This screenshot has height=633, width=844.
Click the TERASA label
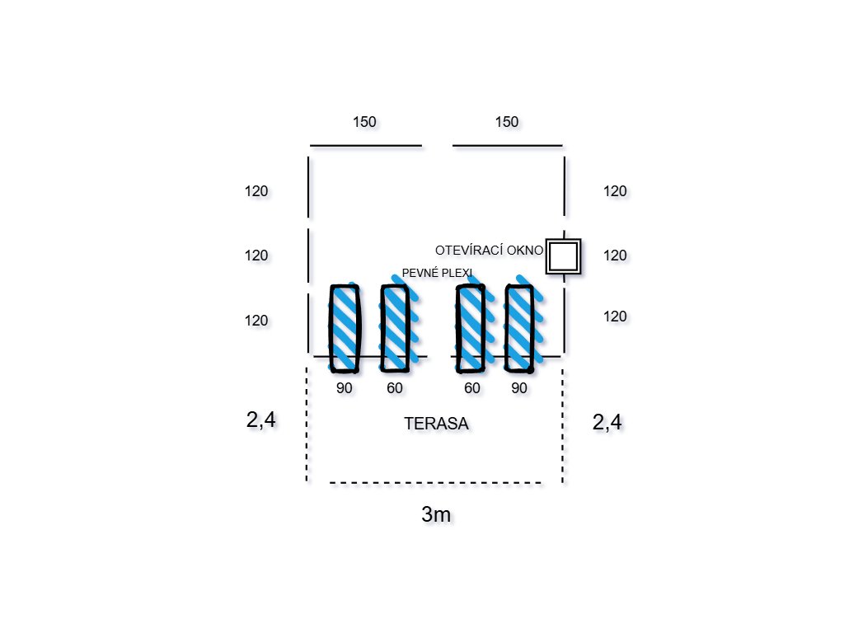[x=436, y=424]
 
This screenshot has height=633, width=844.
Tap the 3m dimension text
[x=436, y=515]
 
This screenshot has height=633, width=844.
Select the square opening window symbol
[x=564, y=256]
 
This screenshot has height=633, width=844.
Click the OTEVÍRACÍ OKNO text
[x=489, y=250]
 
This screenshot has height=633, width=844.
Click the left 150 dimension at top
[x=364, y=122]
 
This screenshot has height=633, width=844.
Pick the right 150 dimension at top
[x=507, y=122]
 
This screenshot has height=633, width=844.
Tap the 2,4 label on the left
[x=260, y=420]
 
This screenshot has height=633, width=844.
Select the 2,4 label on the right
[x=607, y=423]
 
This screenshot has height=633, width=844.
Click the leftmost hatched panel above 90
[x=345, y=327]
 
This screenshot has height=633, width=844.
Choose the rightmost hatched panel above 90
[x=519, y=327]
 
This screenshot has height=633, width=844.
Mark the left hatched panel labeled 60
[x=395, y=327]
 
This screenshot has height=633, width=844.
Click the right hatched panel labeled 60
[x=470, y=327]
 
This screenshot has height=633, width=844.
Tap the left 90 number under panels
[x=345, y=388]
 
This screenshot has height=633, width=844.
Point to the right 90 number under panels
[x=519, y=388]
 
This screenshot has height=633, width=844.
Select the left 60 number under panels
[x=395, y=388]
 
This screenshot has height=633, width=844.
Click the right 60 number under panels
[x=471, y=388]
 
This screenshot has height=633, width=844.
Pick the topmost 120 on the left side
[x=256, y=191]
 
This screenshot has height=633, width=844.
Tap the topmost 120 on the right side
[x=615, y=191]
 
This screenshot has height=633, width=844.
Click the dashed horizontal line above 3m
[x=436, y=482]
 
